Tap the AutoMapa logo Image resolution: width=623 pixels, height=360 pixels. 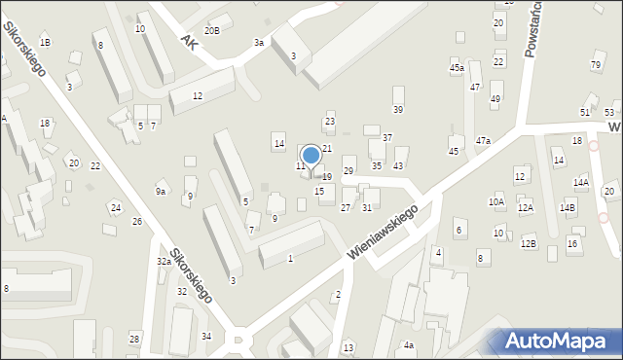(561, 341)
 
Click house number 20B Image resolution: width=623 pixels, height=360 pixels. (212, 31)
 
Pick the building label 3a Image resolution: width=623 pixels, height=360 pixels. (259, 43)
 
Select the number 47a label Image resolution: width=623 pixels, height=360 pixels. (483, 141)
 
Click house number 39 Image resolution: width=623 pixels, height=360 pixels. (397, 108)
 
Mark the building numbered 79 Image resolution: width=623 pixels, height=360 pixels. (596, 64)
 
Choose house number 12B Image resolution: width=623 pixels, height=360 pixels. (529, 243)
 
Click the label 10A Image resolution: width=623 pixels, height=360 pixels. (496, 202)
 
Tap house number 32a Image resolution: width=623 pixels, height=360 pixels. (165, 262)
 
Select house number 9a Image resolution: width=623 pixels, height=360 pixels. (161, 192)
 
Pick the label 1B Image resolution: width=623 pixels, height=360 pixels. (45, 43)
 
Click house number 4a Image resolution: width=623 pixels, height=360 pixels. (409, 345)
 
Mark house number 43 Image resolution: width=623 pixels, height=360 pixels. (398, 166)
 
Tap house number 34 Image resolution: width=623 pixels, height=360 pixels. (206, 337)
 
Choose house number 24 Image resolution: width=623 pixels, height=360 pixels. (115, 208)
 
